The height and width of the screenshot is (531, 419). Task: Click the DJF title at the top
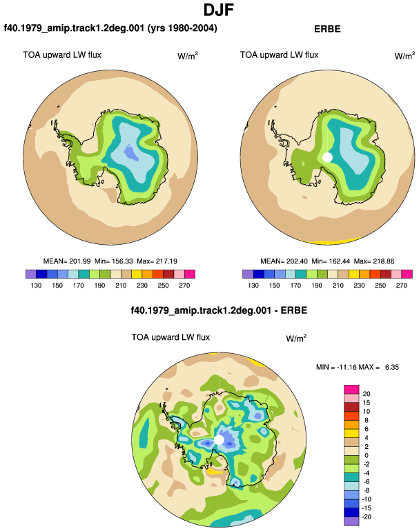(219, 10)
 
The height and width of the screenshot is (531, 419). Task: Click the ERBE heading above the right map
(327, 29)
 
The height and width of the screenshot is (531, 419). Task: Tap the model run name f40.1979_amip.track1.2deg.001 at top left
(74, 28)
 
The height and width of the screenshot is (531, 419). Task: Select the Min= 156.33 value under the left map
(114, 261)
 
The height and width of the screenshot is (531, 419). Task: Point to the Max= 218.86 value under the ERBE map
(374, 261)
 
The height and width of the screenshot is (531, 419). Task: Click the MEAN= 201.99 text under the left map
(67, 261)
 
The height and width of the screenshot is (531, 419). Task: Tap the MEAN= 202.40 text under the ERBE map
(284, 261)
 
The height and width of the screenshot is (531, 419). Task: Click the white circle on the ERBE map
(327, 157)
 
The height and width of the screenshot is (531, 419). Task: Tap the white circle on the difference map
(219, 440)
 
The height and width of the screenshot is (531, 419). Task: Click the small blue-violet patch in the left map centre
(132, 152)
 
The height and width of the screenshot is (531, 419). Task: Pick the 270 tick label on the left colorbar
(184, 285)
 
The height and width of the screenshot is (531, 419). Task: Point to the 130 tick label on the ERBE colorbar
(253, 285)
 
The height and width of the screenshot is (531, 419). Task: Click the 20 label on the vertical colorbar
(367, 394)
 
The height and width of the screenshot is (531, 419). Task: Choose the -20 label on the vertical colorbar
(367, 517)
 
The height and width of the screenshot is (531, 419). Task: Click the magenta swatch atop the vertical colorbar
(351, 390)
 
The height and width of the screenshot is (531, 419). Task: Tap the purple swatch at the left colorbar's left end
(30, 274)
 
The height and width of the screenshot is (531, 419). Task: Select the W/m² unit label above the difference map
(296, 338)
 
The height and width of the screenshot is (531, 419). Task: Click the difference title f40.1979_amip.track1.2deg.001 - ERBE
(219, 310)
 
